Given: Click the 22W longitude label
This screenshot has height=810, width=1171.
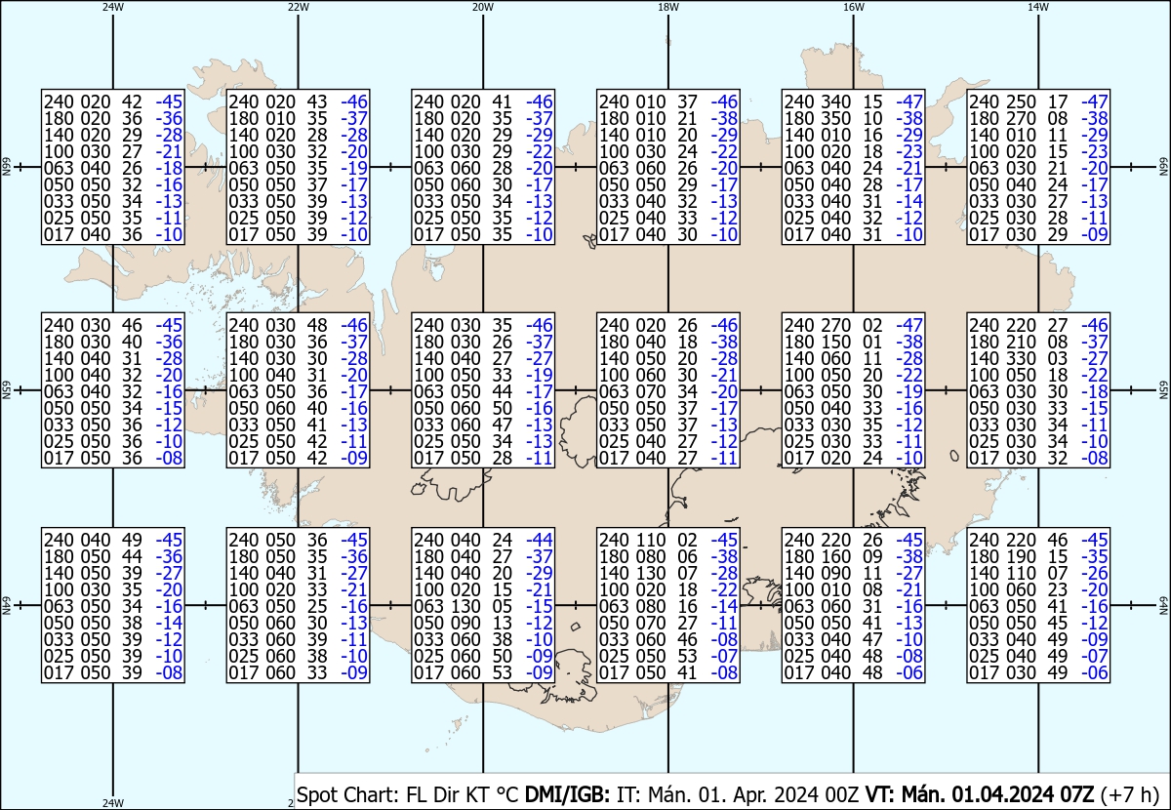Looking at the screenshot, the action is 298,8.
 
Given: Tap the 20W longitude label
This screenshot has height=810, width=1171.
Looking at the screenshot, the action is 483,8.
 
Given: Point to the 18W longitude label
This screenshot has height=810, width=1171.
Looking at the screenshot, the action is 668,8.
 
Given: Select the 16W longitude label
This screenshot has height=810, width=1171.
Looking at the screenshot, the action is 853,8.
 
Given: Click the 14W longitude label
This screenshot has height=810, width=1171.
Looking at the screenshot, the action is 1038,8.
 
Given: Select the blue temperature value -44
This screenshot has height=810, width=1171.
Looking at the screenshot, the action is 540,540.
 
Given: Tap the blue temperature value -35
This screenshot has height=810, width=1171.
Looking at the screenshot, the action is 1095,556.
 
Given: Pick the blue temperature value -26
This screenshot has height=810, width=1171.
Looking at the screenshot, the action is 1095,573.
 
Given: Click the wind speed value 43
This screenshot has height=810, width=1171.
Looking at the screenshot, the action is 317,101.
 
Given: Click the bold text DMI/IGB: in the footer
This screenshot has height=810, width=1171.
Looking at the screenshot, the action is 567,794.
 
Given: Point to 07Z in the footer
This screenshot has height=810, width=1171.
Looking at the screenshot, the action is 1076,794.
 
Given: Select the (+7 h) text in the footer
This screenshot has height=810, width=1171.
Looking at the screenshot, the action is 1130,795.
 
